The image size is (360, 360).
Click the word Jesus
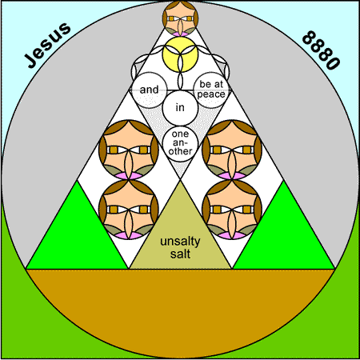(x=48, y=45)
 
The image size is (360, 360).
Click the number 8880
(x=322, y=50)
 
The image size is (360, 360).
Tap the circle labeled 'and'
(x=150, y=90)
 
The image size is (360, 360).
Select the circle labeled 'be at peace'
(x=211, y=90)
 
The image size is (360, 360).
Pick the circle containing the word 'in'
(x=180, y=108)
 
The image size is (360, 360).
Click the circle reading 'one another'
(x=180, y=143)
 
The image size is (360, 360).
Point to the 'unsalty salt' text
(x=180, y=247)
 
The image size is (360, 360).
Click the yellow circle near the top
(x=180, y=54)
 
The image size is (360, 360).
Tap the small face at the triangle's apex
(x=180, y=18)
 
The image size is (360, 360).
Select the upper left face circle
(x=129, y=150)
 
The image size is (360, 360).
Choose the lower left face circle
(x=129, y=210)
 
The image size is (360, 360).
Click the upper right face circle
(x=232, y=150)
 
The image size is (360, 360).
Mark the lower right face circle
(x=232, y=210)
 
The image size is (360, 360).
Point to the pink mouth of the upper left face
(x=129, y=176)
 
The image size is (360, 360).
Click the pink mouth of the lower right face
(x=232, y=235)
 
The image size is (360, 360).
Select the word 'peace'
(x=211, y=94)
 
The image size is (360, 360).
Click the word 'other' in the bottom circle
(x=180, y=151)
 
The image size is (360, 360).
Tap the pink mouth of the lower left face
(x=129, y=235)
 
